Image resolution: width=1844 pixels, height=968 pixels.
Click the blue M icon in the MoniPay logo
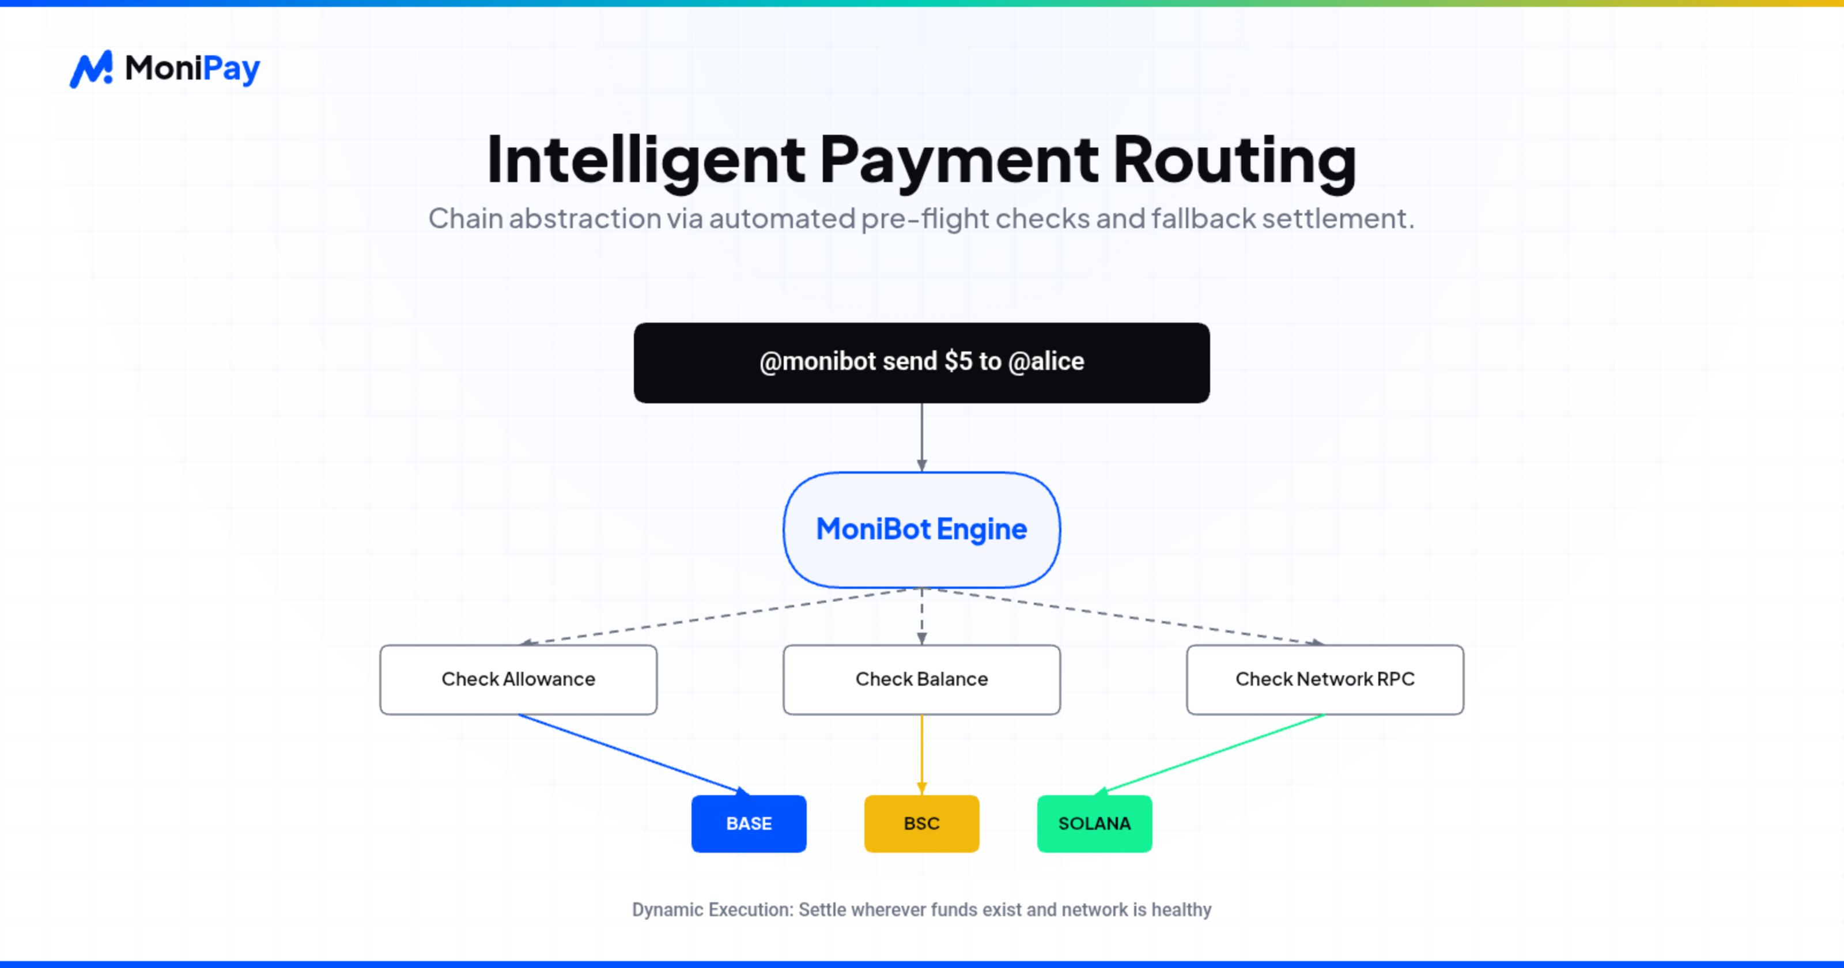tap(90, 70)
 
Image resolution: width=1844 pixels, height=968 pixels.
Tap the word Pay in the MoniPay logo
tap(231, 70)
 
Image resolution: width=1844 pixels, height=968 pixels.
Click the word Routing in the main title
tap(1234, 160)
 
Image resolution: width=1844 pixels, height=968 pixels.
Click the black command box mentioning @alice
tap(921, 363)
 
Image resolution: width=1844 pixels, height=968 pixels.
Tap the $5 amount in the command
tap(958, 362)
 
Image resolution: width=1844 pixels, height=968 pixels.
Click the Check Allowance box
tap(518, 679)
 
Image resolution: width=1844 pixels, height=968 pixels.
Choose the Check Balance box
tap(921, 679)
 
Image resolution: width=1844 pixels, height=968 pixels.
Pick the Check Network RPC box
tap(1325, 679)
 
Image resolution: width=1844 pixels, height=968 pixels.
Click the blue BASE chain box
tap(749, 823)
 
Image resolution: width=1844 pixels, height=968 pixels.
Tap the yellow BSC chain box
tap(921, 823)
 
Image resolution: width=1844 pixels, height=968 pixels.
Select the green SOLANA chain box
tap(1094, 823)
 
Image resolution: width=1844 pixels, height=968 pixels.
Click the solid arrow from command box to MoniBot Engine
tap(921, 437)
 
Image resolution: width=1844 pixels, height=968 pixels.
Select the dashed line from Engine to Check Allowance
tap(716, 617)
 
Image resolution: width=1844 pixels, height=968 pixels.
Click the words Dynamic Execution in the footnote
tap(712, 910)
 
